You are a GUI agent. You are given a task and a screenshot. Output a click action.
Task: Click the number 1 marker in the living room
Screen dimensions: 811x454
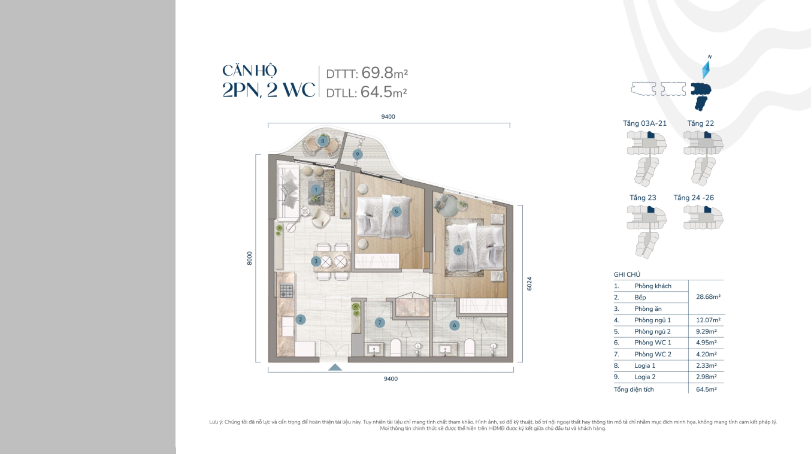pyautogui.click(x=316, y=190)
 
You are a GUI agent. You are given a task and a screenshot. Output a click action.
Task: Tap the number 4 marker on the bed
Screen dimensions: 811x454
pyautogui.click(x=458, y=250)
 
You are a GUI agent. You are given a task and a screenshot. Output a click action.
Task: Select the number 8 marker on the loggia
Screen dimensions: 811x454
pyautogui.click(x=323, y=141)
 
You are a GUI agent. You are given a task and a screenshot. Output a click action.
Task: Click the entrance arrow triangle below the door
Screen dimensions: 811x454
pyautogui.click(x=335, y=368)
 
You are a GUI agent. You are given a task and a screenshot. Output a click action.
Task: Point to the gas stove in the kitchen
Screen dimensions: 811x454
pyautogui.click(x=286, y=290)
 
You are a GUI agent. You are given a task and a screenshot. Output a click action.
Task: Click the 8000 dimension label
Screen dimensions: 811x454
pyautogui.click(x=249, y=258)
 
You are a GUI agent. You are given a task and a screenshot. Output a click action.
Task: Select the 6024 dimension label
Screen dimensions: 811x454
pyautogui.click(x=529, y=283)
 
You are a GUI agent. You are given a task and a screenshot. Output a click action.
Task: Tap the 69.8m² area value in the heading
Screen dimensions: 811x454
pyautogui.click(x=385, y=73)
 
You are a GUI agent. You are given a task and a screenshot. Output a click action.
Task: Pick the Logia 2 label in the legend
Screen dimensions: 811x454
pyautogui.click(x=645, y=377)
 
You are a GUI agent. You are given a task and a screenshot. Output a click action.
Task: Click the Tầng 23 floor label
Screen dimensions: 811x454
pyautogui.click(x=643, y=198)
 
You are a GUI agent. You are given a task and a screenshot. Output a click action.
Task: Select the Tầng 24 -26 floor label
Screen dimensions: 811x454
pyautogui.click(x=694, y=198)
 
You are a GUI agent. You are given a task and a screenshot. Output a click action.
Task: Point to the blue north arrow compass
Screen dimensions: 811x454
pyautogui.click(x=706, y=69)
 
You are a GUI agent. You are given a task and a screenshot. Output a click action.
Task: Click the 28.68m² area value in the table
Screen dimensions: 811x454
pyautogui.click(x=708, y=297)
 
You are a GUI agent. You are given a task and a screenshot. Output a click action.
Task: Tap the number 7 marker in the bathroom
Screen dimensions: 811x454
pyautogui.click(x=379, y=322)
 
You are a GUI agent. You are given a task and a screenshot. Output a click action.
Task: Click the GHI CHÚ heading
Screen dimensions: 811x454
pyautogui.click(x=627, y=274)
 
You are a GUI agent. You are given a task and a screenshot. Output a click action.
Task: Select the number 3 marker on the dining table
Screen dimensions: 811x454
pyautogui.click(x=316, y=261)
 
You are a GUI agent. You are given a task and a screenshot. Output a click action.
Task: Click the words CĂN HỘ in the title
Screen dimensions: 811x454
pyautogui.click(x=249, y=71)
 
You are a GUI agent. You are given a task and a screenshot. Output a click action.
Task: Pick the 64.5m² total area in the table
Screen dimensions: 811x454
pyautogui.click(x=706, y=389)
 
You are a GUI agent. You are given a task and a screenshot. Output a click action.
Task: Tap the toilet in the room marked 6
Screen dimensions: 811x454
pyautogui.click(x=469, y=347)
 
